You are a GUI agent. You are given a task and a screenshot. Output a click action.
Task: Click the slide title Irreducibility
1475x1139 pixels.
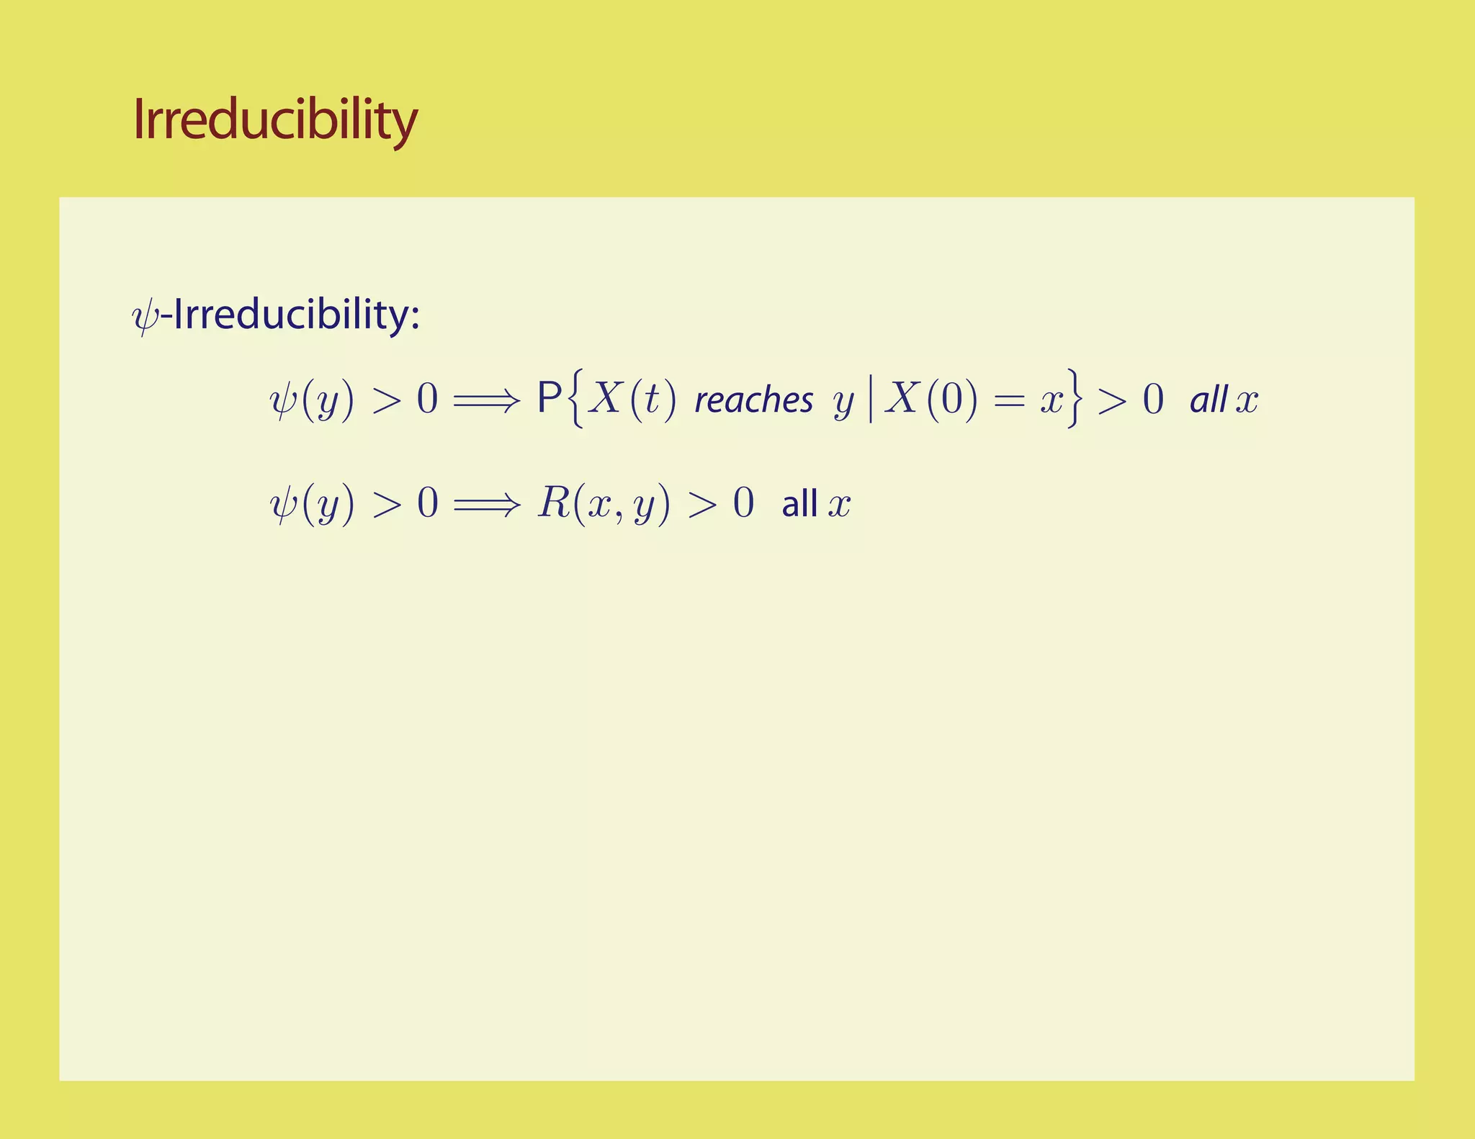tap(275, 120)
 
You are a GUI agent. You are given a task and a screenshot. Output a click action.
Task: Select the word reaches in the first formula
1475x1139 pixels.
tap(753, 400)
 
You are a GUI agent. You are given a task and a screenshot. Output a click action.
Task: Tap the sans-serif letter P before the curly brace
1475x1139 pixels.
tap(550, 398)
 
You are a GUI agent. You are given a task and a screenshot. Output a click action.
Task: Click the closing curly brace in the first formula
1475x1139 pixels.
tap(1074, 399)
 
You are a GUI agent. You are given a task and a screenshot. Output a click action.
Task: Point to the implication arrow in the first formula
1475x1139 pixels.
tap(486, 400)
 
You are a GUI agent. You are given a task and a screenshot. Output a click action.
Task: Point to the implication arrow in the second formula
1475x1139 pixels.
tap(486, 504)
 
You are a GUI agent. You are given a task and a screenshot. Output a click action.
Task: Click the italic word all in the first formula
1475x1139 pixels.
tap(1209, 400)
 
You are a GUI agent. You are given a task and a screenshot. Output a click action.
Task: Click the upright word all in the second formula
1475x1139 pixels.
tap(799, 503)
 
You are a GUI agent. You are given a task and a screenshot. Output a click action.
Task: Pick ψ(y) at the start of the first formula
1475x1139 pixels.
tap(312, 400)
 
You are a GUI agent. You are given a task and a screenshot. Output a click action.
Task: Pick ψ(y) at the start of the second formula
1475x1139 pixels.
tap(312, 503)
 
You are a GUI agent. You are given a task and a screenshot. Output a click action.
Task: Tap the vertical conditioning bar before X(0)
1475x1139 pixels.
tap(871, 400)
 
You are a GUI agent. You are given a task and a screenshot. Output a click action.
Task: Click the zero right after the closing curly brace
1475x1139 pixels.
tap(1153, 400)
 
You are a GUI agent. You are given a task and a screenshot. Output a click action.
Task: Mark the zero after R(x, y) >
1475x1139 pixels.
tap(743, 503)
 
